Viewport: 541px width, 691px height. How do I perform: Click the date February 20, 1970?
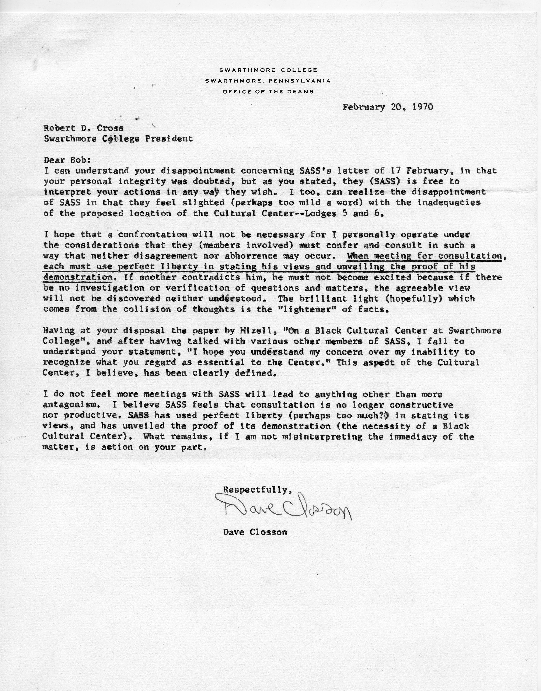point(387,107)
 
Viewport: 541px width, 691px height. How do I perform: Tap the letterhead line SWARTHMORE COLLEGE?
point(268,70)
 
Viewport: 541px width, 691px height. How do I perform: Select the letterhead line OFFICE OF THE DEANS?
point(268,92)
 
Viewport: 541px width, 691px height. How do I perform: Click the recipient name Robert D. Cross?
point(84,128)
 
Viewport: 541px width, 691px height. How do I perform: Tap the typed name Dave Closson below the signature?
point(255,532)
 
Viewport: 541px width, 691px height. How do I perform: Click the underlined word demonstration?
point(78,277)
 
